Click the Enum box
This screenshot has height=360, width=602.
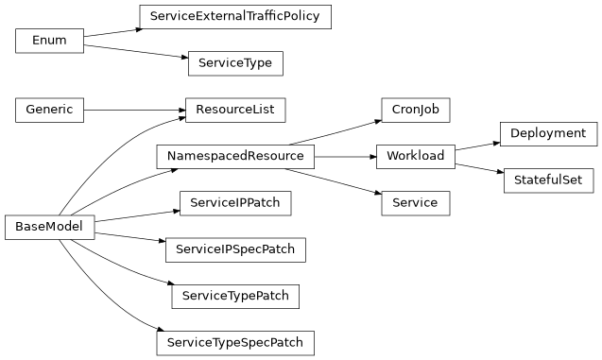[x=49, y=41]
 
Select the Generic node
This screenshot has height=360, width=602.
[x=49, y=110]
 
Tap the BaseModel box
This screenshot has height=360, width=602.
[x=49, y=227]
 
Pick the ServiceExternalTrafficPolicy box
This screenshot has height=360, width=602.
[x=235, y=17]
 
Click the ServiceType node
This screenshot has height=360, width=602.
[x=235, y=63]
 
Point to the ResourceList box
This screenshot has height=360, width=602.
[x=235, y=110]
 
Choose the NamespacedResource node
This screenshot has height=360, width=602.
[x=235, y=156]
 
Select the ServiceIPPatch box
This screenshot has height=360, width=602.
[x=235, y=202]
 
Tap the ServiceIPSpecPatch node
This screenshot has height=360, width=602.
[x=235, y=250]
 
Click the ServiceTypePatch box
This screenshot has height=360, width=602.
[x=235, y=296]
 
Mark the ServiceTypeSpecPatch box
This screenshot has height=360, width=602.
[x=235, y=342]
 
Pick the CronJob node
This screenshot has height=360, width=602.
[x=415, y=110]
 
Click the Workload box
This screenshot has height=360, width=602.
[x=415, y=156]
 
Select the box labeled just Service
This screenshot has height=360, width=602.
[x=415, y=202]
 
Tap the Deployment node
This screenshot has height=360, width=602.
[x=548, y=133]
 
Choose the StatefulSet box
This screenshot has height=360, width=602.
[x=548, y=180]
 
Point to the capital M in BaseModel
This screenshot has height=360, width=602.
[x=51, y=227]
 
